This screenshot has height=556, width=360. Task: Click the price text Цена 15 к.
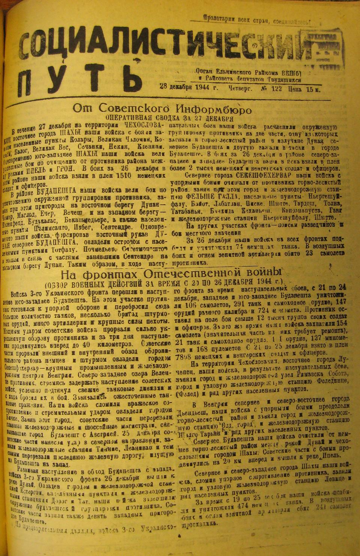(x=304, y=89)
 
